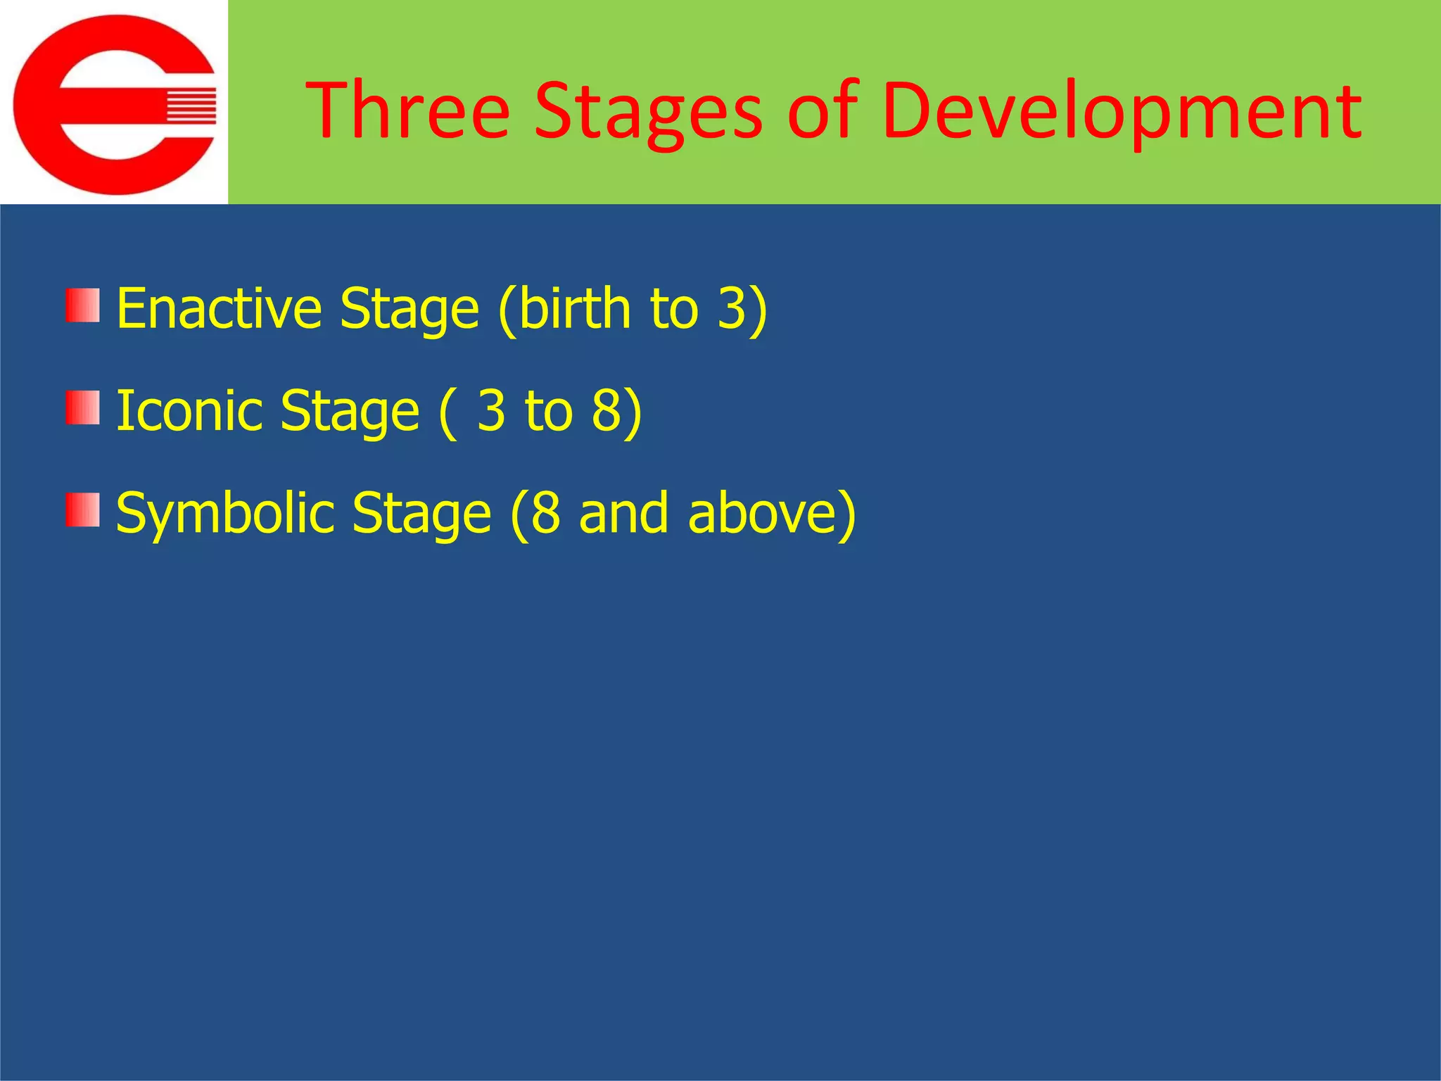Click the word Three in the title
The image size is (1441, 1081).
[408, 111]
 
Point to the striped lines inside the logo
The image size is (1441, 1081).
[191, 106]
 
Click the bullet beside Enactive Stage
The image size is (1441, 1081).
[83, 305]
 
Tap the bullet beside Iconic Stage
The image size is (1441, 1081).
[83, 408]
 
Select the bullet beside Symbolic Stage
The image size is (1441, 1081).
[83, 510]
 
